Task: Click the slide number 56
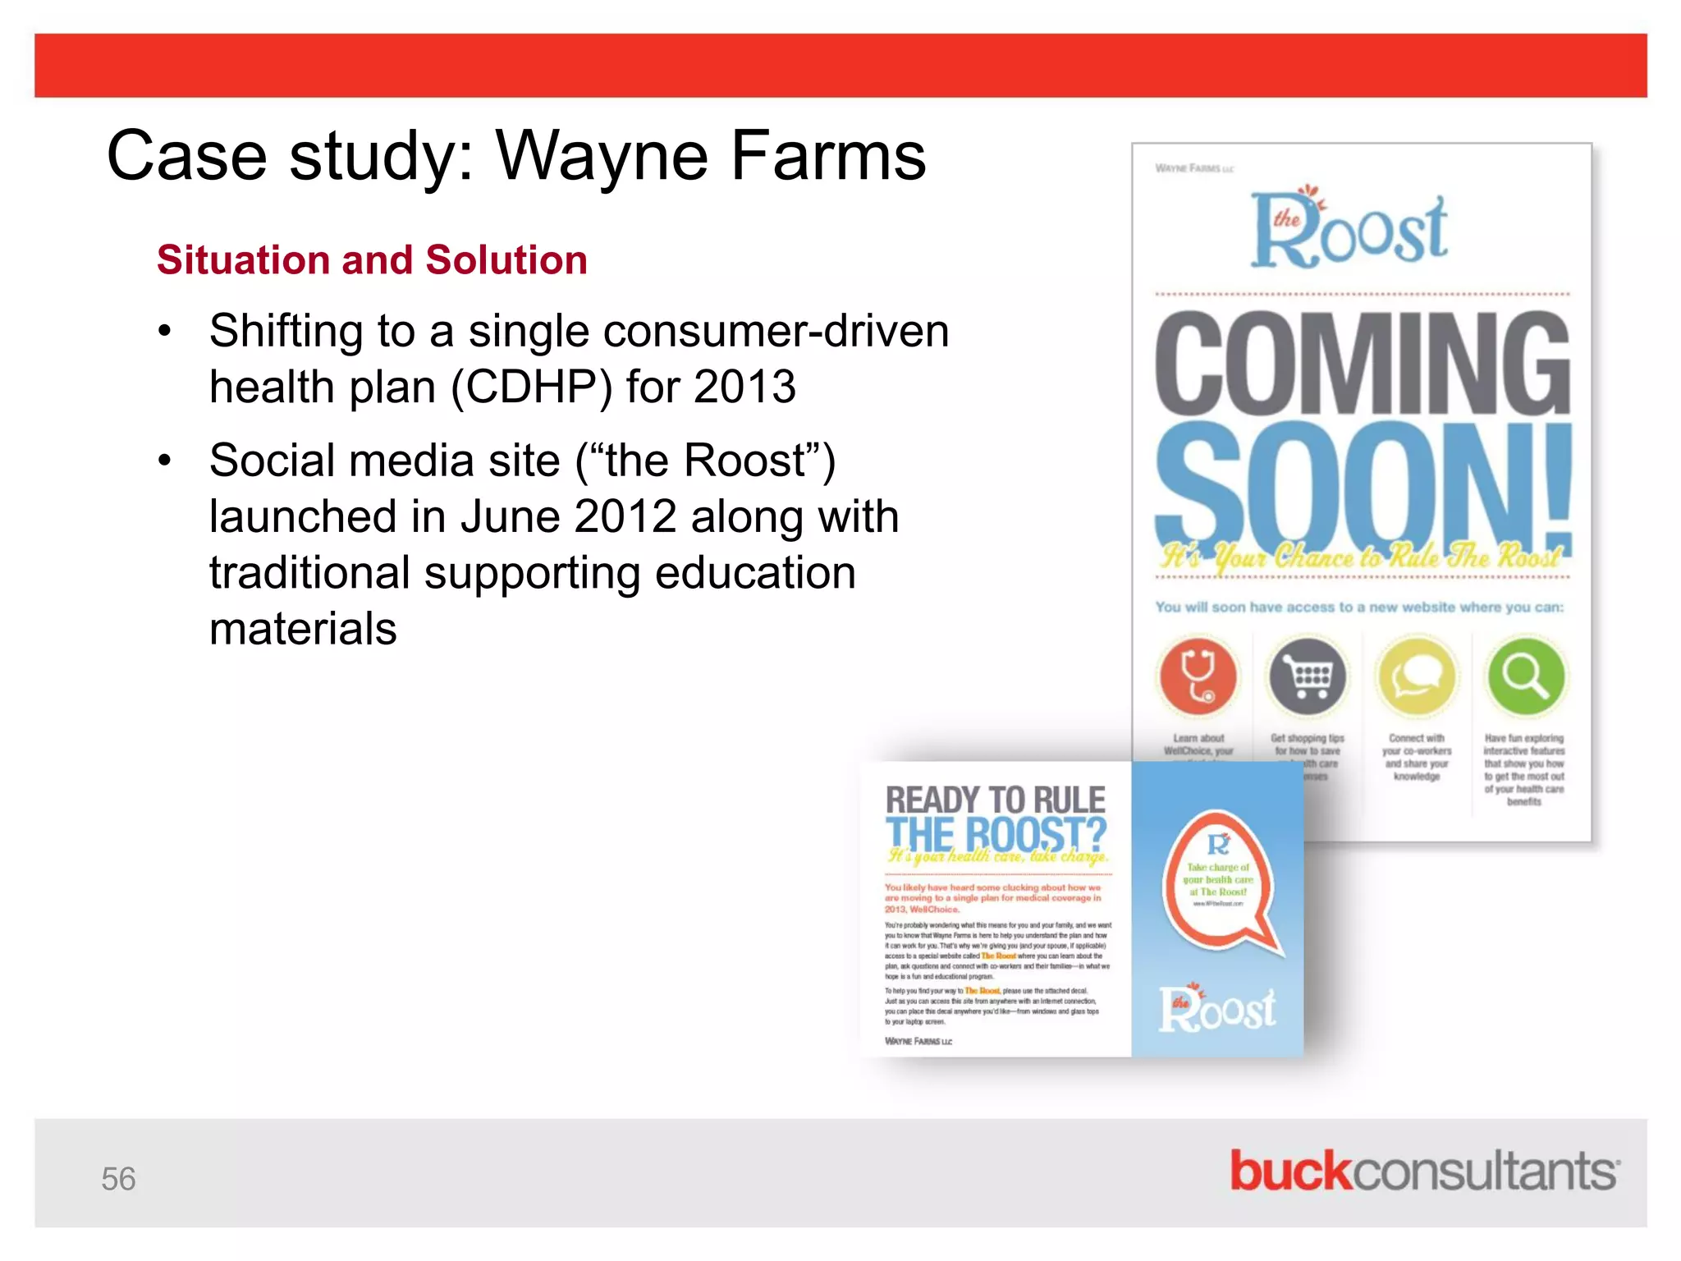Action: click(118, 1179)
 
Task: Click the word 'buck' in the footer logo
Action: click(1289, 1171)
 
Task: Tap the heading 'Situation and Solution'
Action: click(372, 260)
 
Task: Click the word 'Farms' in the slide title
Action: click(828, 156)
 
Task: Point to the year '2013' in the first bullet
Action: click(744, 387)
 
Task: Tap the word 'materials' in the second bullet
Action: click(303, 629)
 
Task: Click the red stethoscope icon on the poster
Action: click(1198, 676)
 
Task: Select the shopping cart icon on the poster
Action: click(1308, 676)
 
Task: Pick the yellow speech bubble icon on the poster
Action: click(1417, 676)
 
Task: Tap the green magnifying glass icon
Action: click(1526, 676)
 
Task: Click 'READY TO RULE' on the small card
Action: click(996, 800)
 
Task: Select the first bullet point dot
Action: click(165, 332)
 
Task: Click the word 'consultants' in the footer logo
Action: click(1484, 1171)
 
